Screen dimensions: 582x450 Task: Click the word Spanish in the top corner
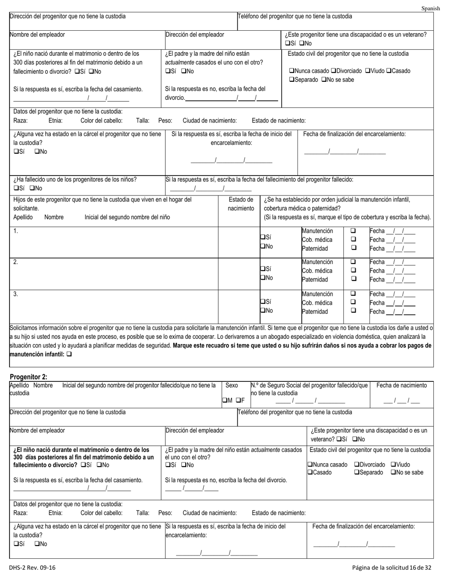[x=431, y=9]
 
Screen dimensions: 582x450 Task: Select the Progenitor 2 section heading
[x=28, y=377]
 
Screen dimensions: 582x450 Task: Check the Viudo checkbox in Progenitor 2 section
[x=393, y=465]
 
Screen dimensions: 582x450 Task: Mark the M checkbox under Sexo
[x=225, y=401]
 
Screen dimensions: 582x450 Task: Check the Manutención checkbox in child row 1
[x=353, y=231]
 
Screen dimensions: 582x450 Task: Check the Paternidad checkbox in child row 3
[x=353, y=311]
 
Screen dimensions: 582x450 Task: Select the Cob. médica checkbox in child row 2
[x=353, y=271]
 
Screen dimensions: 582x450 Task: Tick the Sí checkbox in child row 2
[x=263, y=269]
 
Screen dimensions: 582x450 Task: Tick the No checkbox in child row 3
[x=263, y=311]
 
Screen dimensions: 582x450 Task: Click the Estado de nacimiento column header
[x=241, y=204]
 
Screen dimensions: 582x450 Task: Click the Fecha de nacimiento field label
[x=401, y=386]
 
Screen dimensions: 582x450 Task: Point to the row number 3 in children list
[x=16, y=294]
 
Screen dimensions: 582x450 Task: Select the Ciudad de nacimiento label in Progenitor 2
[x=209, y=513]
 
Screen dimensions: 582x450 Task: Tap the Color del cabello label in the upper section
[x=101, y=121]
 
